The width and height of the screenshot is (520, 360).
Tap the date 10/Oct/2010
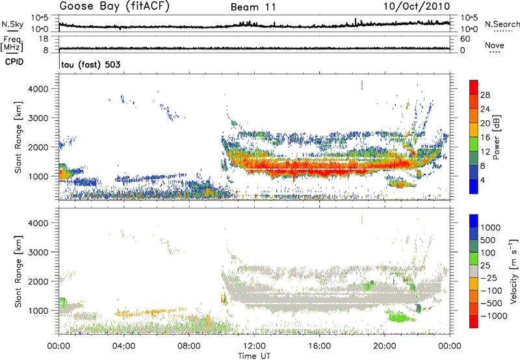(x=420, y=6)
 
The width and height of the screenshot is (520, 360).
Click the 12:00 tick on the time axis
(x=254, y=344)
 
